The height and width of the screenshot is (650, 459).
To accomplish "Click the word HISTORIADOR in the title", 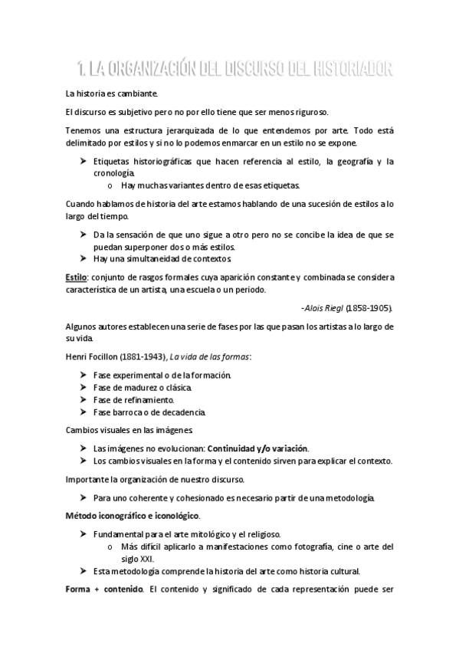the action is pos(352,70).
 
